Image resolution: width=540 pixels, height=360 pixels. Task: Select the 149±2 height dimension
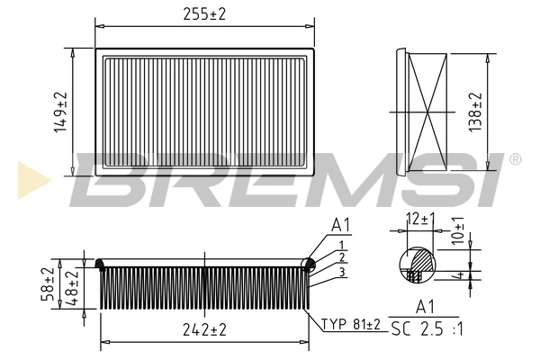(60, 112)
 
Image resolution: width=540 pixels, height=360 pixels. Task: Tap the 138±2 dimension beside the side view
(476, 112)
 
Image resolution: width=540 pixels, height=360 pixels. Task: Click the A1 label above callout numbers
(341, 224)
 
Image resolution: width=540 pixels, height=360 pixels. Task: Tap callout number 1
(342, 245)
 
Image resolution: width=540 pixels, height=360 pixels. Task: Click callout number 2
(342, 258)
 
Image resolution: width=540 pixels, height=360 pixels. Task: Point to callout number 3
(342, 272)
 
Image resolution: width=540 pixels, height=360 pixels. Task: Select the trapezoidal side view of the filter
(427, 112)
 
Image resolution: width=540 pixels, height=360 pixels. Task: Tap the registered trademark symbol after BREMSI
(515, 159)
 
